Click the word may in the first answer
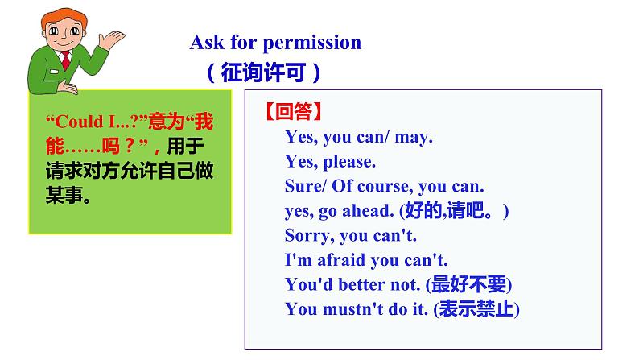click(414, 137)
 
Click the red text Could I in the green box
click(86, 122)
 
